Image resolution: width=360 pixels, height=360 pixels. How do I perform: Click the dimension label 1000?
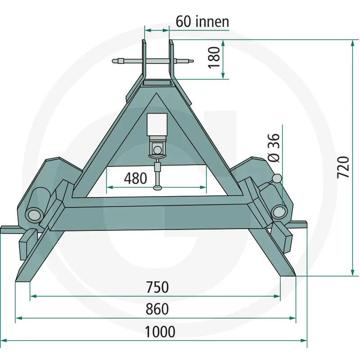(160, 332)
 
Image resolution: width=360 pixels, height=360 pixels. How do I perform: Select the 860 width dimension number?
(157, 309)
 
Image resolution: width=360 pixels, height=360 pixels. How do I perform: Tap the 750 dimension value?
(157, 287)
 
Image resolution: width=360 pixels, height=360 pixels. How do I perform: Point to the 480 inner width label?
(135, 178)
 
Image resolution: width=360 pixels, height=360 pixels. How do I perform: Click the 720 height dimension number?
(343, 167)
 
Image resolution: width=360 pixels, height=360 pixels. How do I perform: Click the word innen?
(212, 22)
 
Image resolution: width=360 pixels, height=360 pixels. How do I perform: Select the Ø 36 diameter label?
(274, 148)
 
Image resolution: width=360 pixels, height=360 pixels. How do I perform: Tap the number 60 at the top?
(183, 22)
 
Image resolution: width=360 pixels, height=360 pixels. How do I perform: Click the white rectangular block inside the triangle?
(157, 125)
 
